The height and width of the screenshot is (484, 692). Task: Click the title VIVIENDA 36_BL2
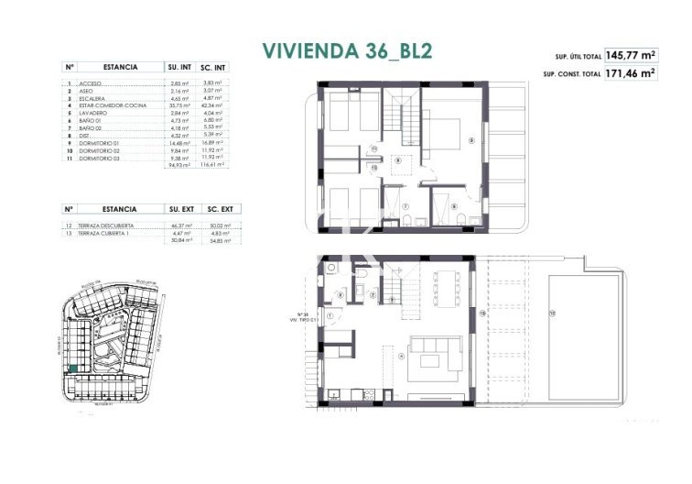(346, 50)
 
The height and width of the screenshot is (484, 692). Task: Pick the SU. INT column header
(178, 67)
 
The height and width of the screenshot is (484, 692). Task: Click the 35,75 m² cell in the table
(178, 106)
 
